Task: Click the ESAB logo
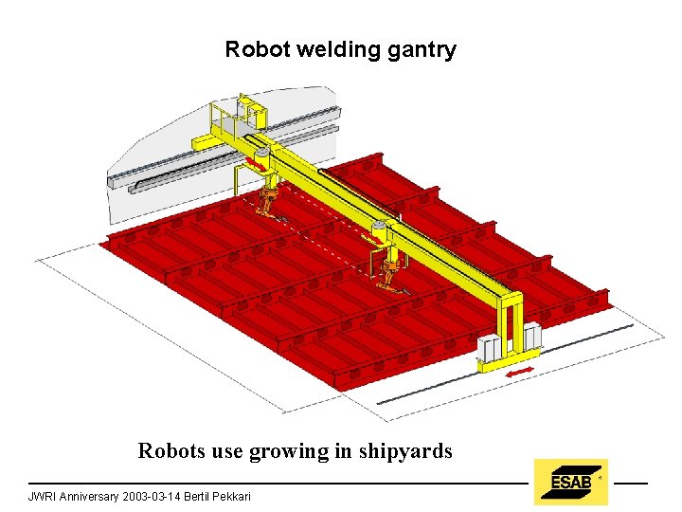(570, 482)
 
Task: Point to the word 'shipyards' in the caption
(405, 451)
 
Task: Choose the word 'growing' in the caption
(289, 451)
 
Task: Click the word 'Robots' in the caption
(170, 451)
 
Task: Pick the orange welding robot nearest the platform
(269, 202)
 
